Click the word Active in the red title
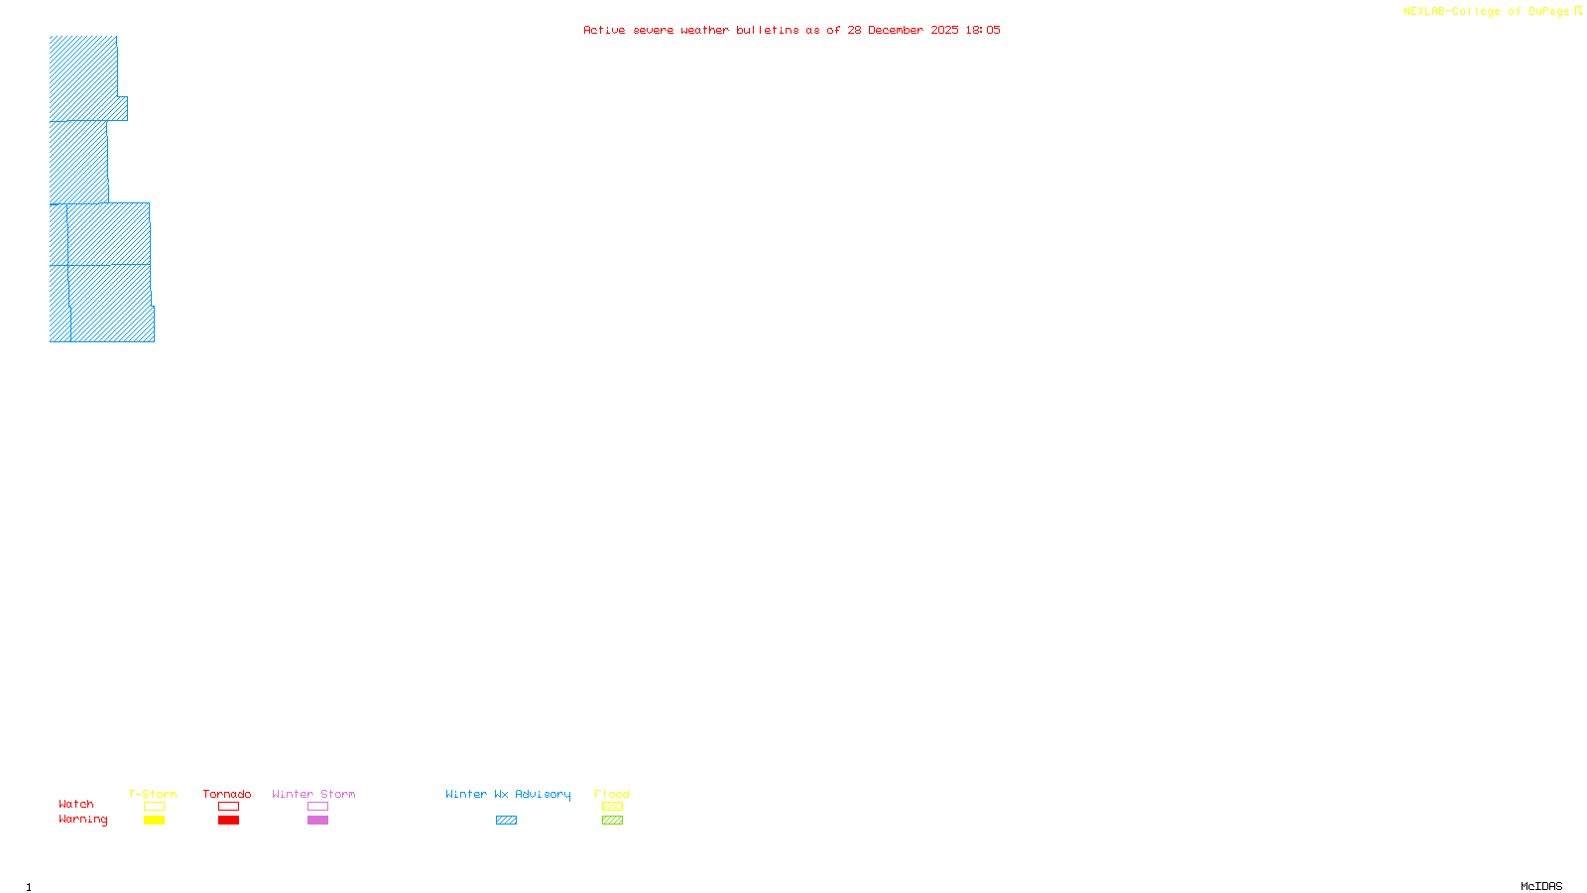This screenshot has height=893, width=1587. [x=604, y=31]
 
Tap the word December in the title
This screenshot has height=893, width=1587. [x=896, y=31]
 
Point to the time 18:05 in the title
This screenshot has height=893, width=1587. [x=983, y=31]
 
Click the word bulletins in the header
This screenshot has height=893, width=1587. [x=768, y=31]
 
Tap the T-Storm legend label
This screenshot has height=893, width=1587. [x=153, y=794]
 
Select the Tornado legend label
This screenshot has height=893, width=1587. [x=227, y=794]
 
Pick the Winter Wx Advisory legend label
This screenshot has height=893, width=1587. [x=508, y=794]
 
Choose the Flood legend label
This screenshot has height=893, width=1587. [x=612, y=794]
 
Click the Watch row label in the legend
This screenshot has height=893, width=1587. [x=76, y=805]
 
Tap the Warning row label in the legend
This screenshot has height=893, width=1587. [x=83, y=820]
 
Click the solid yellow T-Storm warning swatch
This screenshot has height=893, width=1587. [x=154, y=821]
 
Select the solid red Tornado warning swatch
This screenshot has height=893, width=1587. [x=228, y=821]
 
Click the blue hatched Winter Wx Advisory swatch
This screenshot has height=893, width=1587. [x=506, y=821]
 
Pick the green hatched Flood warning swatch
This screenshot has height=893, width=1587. [x=612, y=821]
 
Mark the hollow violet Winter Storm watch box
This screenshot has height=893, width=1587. [x=317, y=807]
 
